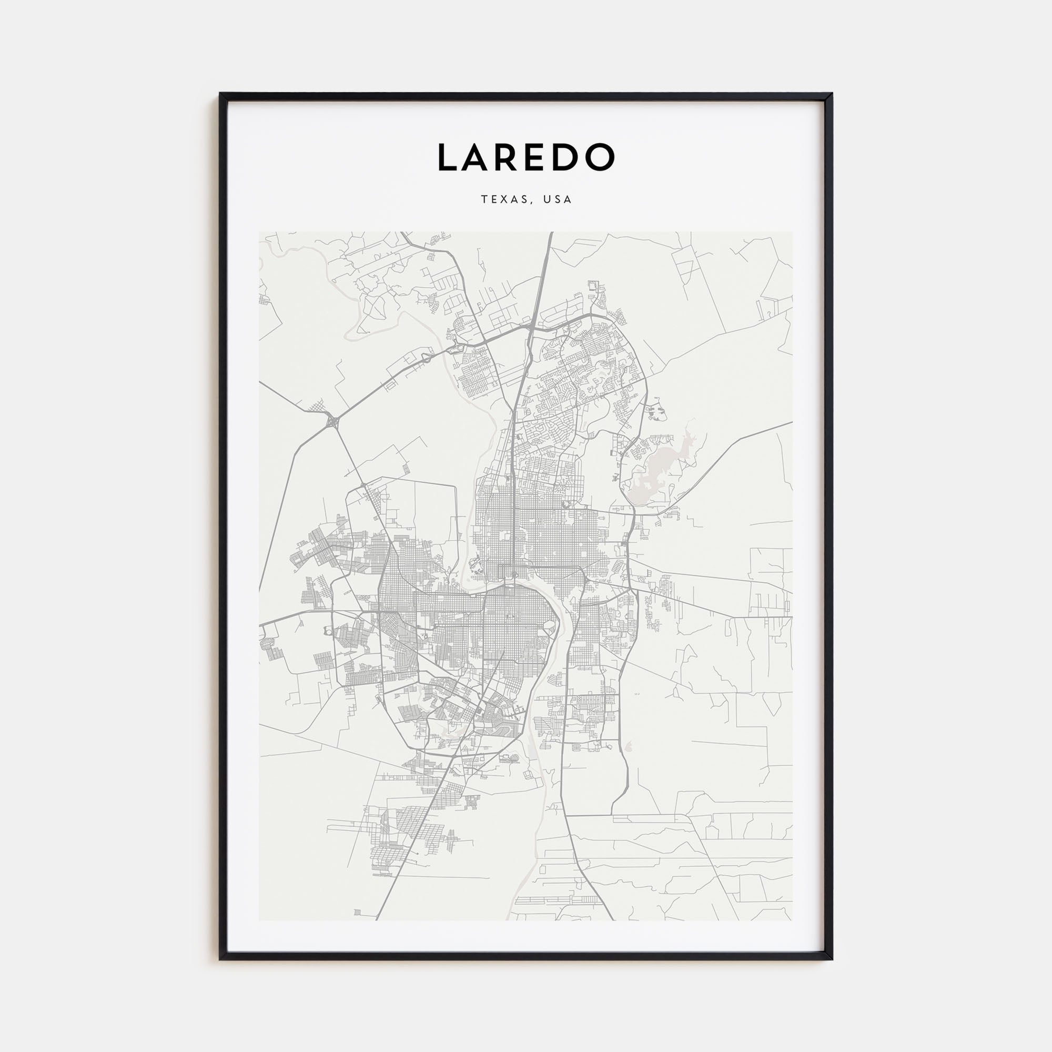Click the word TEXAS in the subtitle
504,200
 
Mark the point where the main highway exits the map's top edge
551,234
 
